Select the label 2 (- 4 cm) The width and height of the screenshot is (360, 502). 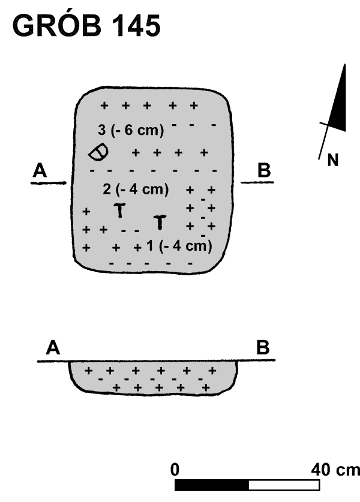135,190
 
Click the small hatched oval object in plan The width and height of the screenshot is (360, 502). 98,153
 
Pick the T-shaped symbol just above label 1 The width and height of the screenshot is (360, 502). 160,223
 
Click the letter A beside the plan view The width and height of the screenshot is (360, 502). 40,171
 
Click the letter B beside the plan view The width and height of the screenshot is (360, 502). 263,171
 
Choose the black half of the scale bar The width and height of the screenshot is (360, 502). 212,484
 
